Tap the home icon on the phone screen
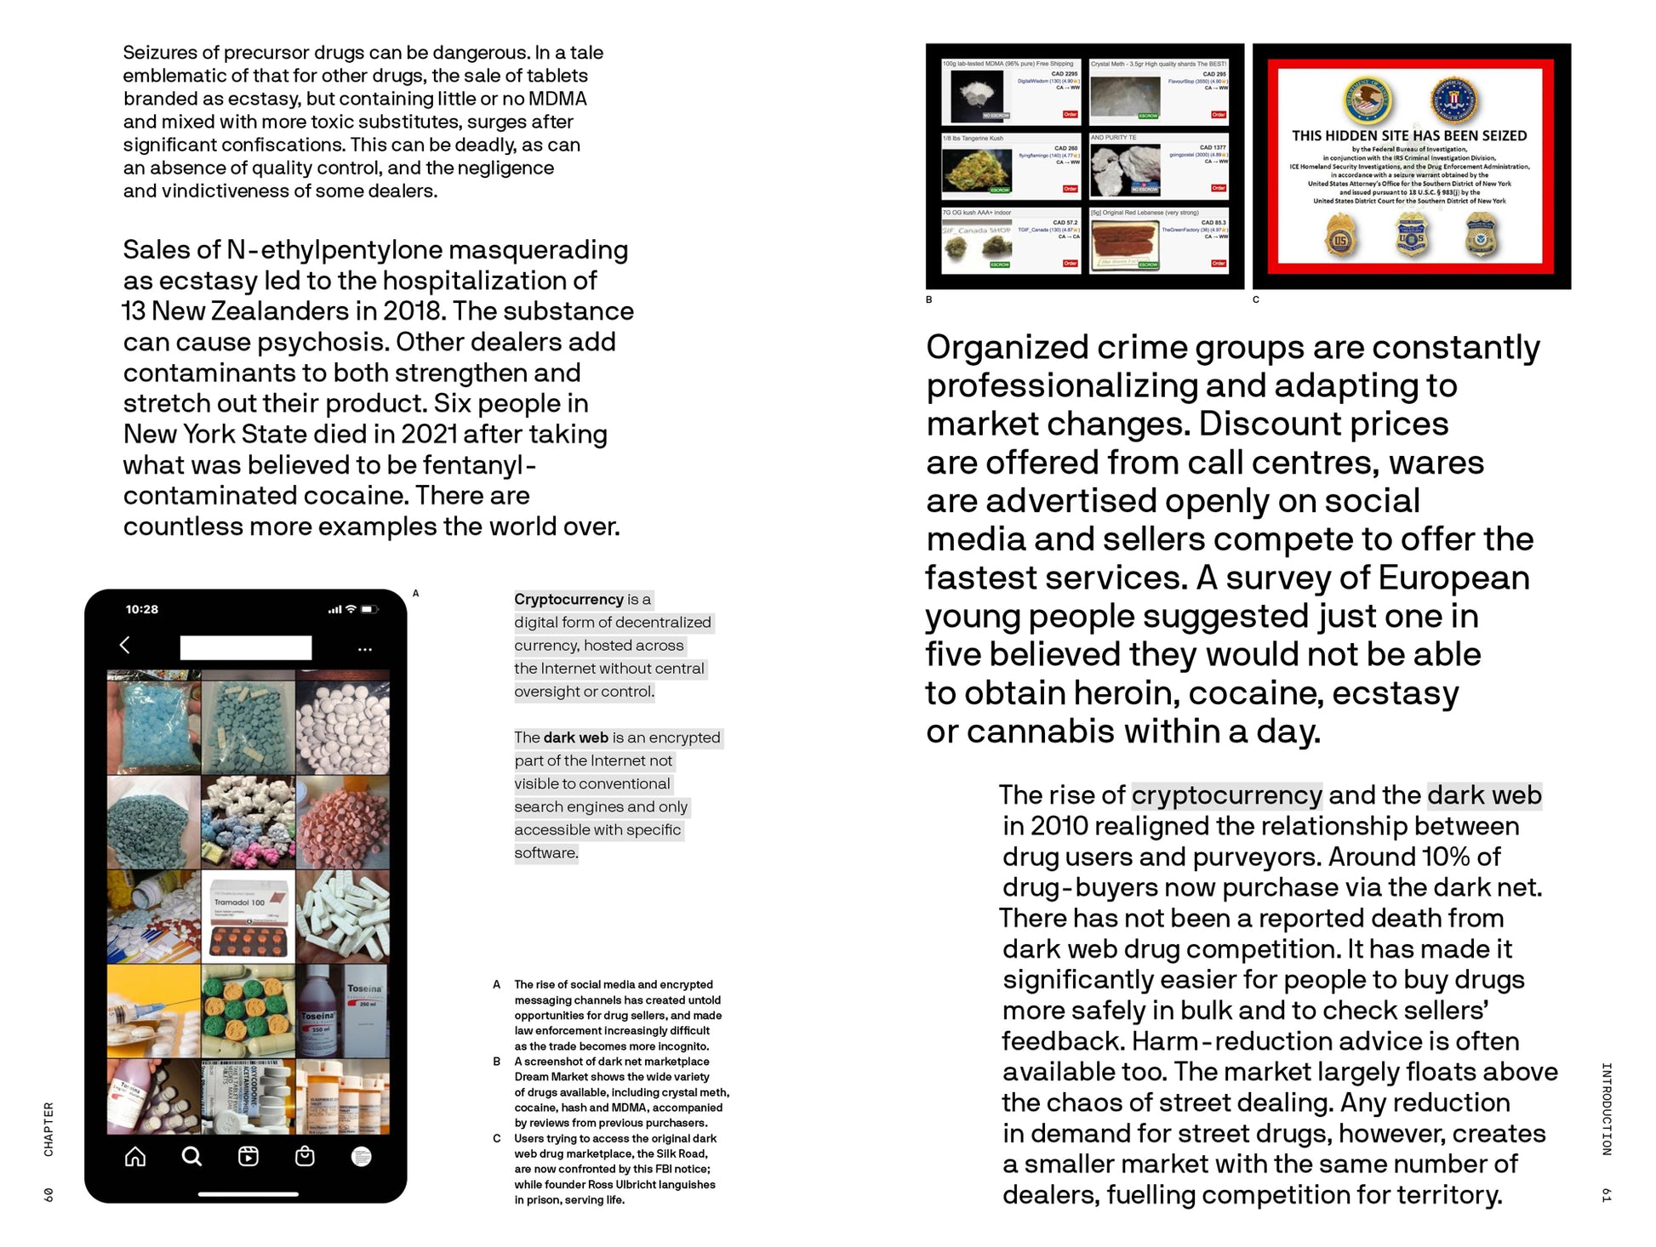click(x=135, y=1156)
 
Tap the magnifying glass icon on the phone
click(x=191, y=1156)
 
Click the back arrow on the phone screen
click(x=125, y=645)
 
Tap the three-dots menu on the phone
click(x=365, y=650)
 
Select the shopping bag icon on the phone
click(x=305, y=1156)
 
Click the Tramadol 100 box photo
click(x=248, y=916)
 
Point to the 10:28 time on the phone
click(x=142, y=609)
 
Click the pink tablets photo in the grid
click(x=343, y=822)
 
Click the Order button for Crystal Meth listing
click(x=1219, y=115)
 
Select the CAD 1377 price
click(x=1213, y=148)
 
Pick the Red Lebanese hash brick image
click(x=1125, y=242)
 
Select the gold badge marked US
click(x=1340, y=236)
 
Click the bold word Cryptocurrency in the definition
click(x=568, y=600)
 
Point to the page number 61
click(x=1606, y=1195)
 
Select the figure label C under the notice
click(x=1255, y=300)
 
